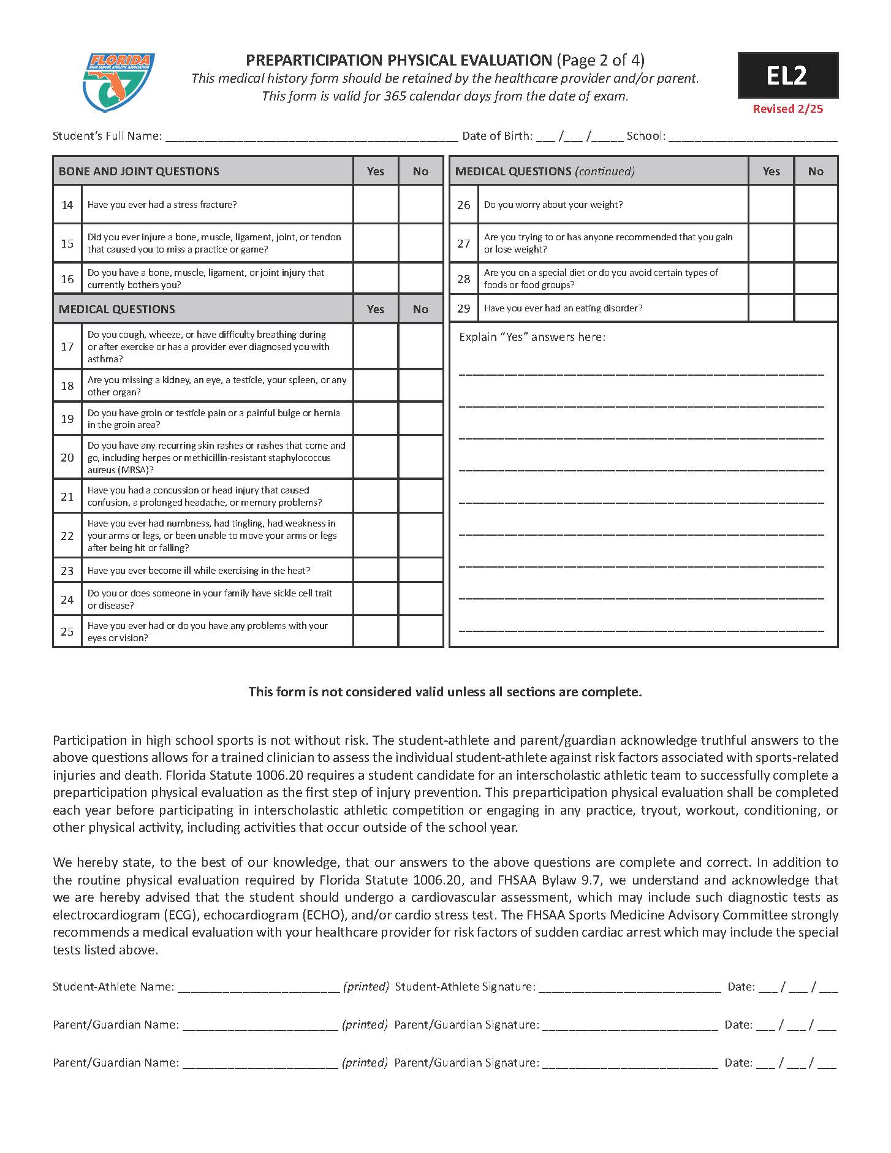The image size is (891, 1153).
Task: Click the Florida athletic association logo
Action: [118, 82]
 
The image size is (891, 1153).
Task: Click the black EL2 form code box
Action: [787, 75]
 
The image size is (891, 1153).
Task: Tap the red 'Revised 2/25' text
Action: [787, 109]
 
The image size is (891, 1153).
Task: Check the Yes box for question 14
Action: [375, 205]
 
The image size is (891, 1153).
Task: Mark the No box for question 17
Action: [420, 346]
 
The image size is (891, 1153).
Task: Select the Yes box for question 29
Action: [771, 308]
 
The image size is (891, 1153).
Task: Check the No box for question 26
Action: [816, 205]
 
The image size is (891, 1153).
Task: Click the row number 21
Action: [67, 497]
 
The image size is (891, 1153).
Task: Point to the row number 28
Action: [464, 279]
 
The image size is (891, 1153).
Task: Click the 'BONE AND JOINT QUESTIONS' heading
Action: [139, 172]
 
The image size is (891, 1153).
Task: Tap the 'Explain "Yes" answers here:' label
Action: [532, 337]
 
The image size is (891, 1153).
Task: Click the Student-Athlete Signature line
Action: [629, 987]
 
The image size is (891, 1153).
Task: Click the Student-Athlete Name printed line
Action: [259, 987]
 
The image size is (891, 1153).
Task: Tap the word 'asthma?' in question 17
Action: [105, 359]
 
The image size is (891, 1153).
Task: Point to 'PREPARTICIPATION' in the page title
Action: [313, 60]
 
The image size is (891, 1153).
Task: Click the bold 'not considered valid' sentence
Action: [445, 692]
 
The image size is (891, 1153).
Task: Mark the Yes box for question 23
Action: [375, 571]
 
